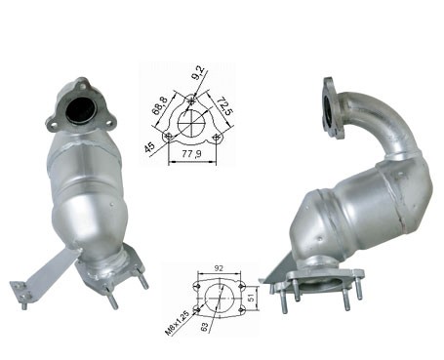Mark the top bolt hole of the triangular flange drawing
pyautogui.click(x=192, y=98)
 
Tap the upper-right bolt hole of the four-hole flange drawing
pyautogui.click(x=238, y=283)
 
